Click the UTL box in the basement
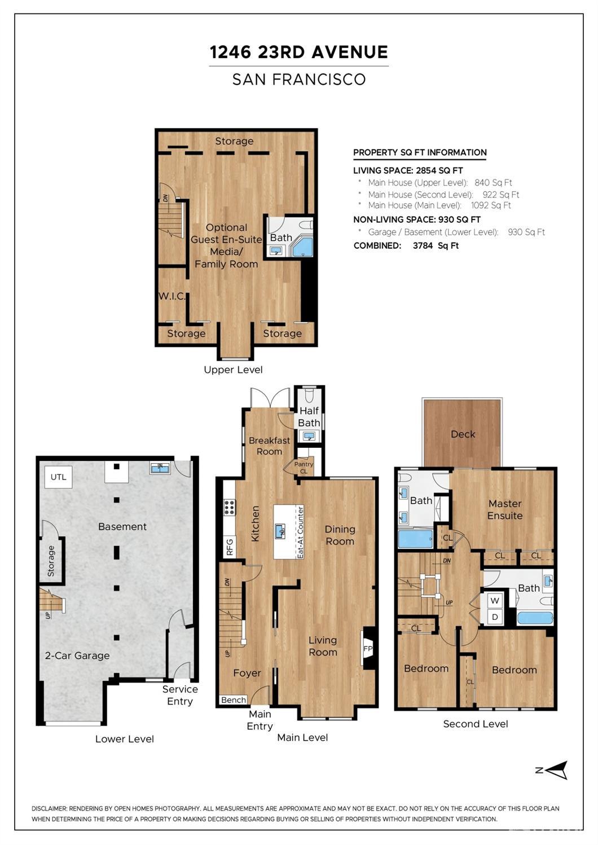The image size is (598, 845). pyautogui.click(x=59, y=477)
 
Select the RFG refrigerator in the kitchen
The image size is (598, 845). pyautogui.click(x=230, y=547)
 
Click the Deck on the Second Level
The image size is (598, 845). pyautogui.click(x=463, y=433)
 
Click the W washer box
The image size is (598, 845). pyautogui.click(x=495, y=601)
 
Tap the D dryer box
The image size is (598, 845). pyautogui.click(x=495, y=617)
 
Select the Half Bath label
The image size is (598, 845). pyautogui.click(x=309, y=416)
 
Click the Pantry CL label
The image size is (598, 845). pyautogui.click(x=304, y=468)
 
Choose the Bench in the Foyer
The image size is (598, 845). pyautogui.click(x=234, y=700)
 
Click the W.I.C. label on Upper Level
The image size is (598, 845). pyautogui.click(x=172, y=296)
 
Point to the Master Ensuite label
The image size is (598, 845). pyautogui.click(x=505, y=509)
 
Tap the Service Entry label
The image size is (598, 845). pyautogui.click(x=180, y=695)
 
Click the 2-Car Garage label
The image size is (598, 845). pyautogui.click(x=77, y=655)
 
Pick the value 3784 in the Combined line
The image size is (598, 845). pyautogui.click(x=423, y=245)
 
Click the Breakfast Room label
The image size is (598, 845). pyautogui.click(x=270, y=446)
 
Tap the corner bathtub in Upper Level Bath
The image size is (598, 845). pyautogui.click(x=302, y=247)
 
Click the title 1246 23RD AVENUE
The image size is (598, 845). pyautogui.click(x=299, y=52)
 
